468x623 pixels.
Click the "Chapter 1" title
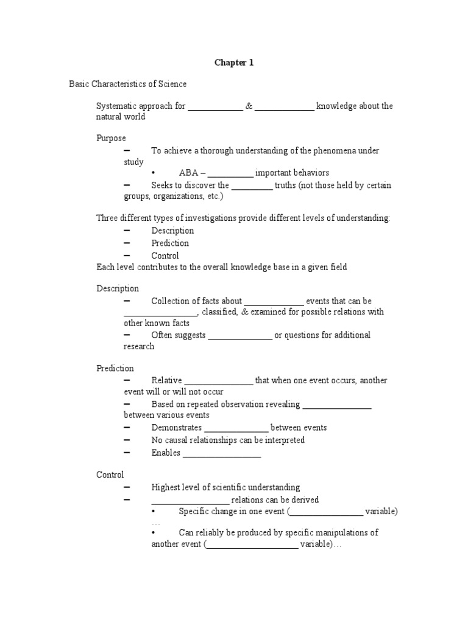233,63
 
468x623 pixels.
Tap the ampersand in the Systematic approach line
249,106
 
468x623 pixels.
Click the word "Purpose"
111,138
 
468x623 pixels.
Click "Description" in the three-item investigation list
172,231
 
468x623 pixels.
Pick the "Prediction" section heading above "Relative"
115,368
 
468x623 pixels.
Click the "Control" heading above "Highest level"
110,475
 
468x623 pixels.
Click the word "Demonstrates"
177,428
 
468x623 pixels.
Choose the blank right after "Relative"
218,381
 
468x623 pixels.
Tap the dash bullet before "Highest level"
127,487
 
